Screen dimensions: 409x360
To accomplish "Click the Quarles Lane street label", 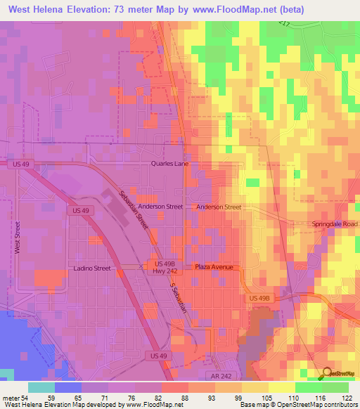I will coord(169,163).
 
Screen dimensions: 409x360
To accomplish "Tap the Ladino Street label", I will coord(92,268).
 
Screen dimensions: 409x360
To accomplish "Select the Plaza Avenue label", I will coord(218,267).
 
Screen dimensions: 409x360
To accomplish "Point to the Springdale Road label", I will coord(335,224).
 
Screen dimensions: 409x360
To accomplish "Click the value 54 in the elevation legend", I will coord(26,397).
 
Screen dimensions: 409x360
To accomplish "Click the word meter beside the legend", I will coord(11,397).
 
